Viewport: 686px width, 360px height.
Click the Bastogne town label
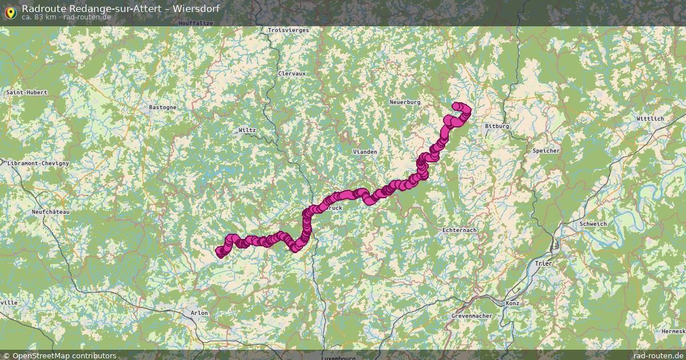click(x=162, y=107)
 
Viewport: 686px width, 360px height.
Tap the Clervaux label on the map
click(x=292, y=74)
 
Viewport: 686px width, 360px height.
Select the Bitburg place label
click(x=496, y=126)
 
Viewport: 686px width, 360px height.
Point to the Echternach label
click(x=459, y=230)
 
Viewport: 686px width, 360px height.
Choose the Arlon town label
click(x=200, y=313)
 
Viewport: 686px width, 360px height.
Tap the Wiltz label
click(x=247, y=130)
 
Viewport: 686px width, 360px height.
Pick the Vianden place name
click(x=365, y=151)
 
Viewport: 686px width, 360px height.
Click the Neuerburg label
click(x=405, y=102)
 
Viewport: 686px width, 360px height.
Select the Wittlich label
click(x=650, y=119)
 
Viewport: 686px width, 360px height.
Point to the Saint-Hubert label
click(x=26, y=92)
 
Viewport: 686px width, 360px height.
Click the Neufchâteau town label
click(x=50, y=211)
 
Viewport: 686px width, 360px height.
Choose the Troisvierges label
click(x=288, y=30)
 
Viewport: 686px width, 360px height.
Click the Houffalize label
click(x=196, y=23)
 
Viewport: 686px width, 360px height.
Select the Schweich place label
click(x=592, y=224)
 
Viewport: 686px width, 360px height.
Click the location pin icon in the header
click(x=10, y=10)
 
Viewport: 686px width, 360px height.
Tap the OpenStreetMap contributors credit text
click(x=64, y=355)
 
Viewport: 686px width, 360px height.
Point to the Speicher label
click(x=545, y=151)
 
